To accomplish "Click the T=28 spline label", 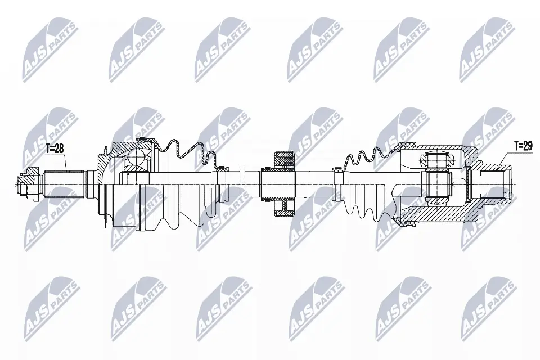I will (55, 148).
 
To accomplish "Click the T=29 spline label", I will (523, 145).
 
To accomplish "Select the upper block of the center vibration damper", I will (285, 160).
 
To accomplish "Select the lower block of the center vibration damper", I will (285, 209).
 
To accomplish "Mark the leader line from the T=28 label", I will (65, 162).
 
